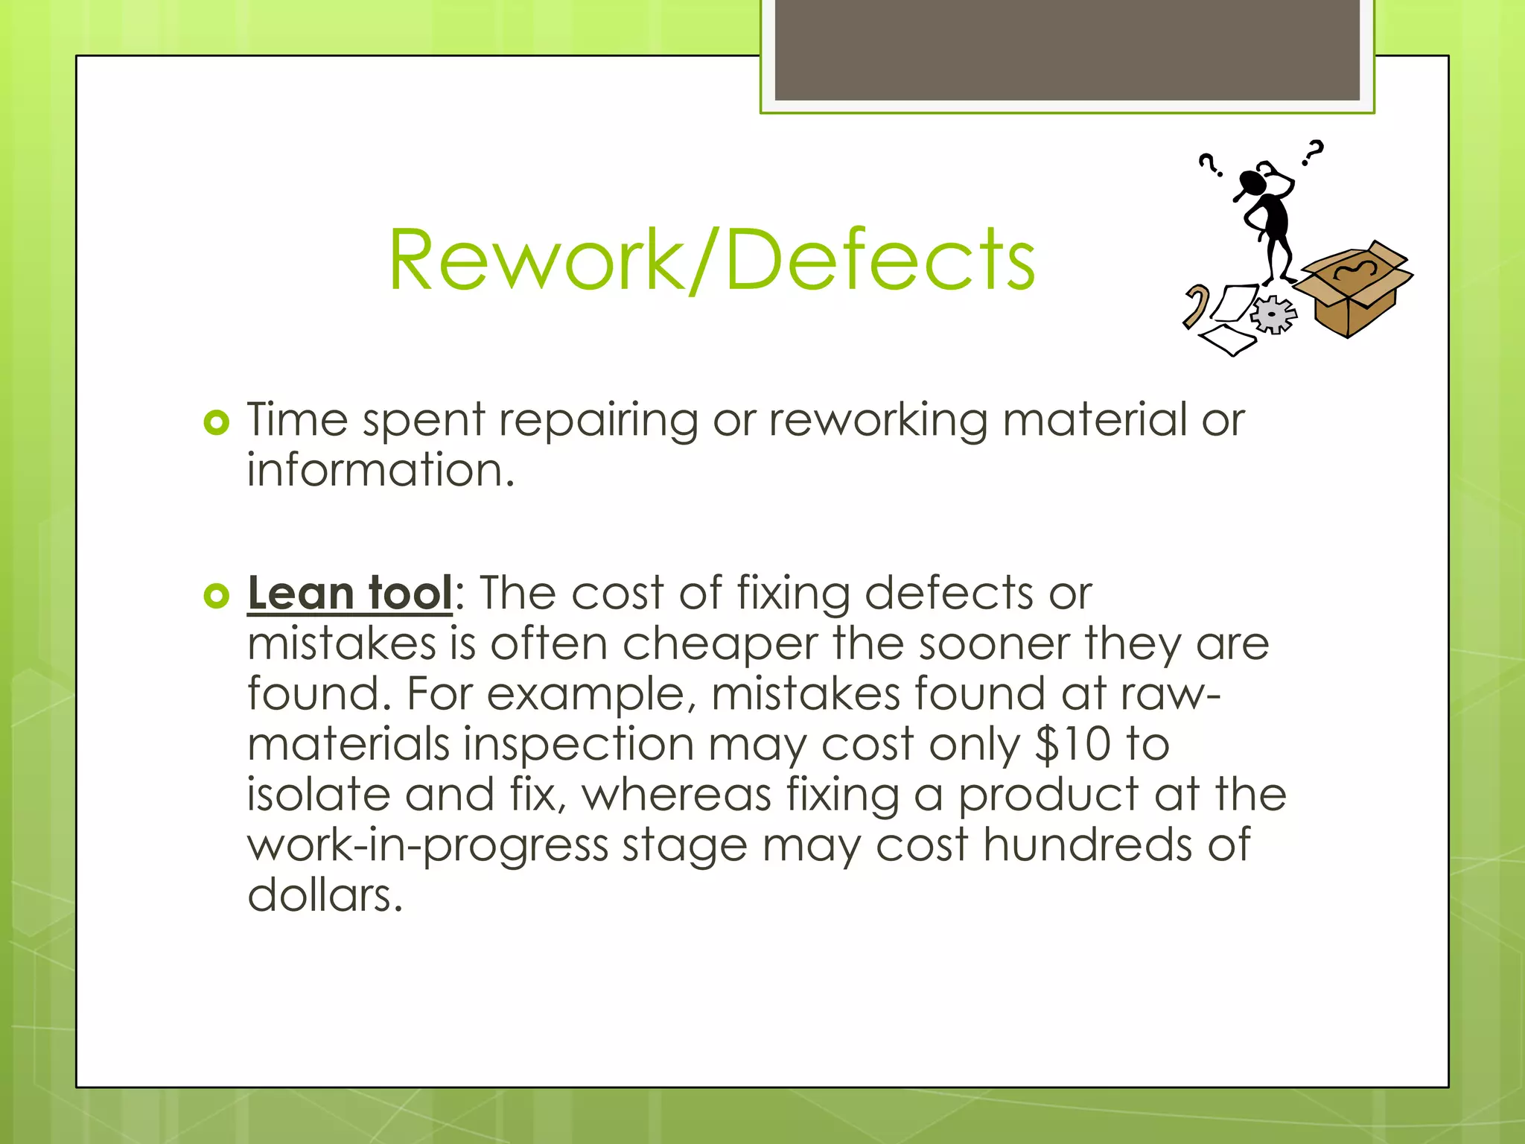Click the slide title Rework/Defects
tap(712, 260)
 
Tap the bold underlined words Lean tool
tap(349, 594)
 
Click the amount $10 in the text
tap(1073, 744)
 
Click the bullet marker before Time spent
tap(216, 423)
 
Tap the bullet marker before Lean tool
tap(216, 596)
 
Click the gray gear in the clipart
tap(1273, 314)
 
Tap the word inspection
tap(579, 744)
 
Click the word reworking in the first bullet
tap(878, 420)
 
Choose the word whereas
tap(676, 795)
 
